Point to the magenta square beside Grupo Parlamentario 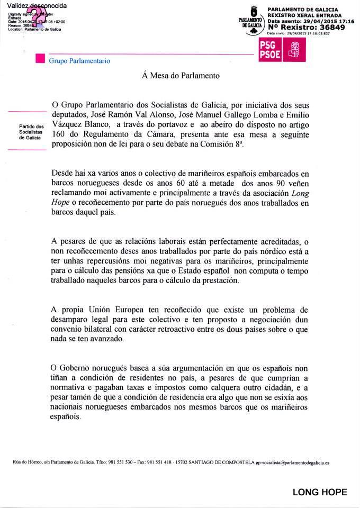pos(39,60)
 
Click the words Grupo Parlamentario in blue pos(79,61)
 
